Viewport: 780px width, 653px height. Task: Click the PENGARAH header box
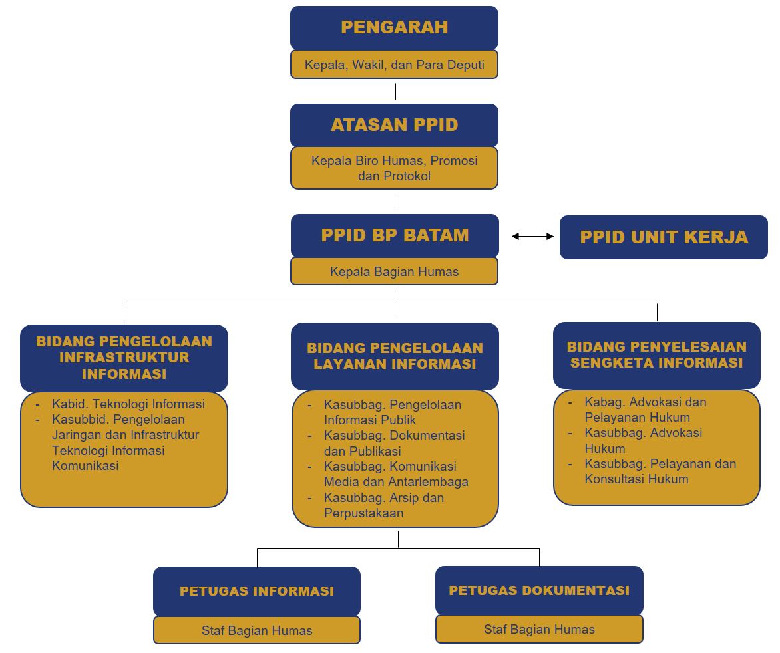tap(394, 28)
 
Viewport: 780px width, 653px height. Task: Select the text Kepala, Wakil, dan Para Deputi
tap(395, 65)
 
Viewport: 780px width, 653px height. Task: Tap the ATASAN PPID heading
tap(395, 125)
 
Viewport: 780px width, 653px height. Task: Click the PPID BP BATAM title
tap(395, 235)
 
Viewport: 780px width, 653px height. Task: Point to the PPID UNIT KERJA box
tap(664, 237)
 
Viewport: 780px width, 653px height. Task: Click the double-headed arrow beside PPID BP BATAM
tap(533, 237)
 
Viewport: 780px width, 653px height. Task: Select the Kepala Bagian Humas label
tap(395, 271)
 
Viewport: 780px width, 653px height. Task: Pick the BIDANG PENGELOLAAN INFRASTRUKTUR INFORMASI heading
tap(124, 358)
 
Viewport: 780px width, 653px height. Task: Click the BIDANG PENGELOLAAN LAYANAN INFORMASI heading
tap(395, 356)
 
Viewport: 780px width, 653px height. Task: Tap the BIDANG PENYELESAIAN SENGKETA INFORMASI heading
tap(657, 354)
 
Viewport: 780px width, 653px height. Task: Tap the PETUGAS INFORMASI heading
tap(257, 591)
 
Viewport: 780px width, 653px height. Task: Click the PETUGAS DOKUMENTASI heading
tap(539, 590)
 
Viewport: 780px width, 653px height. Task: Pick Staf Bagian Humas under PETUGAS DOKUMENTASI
tap(539, 629)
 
